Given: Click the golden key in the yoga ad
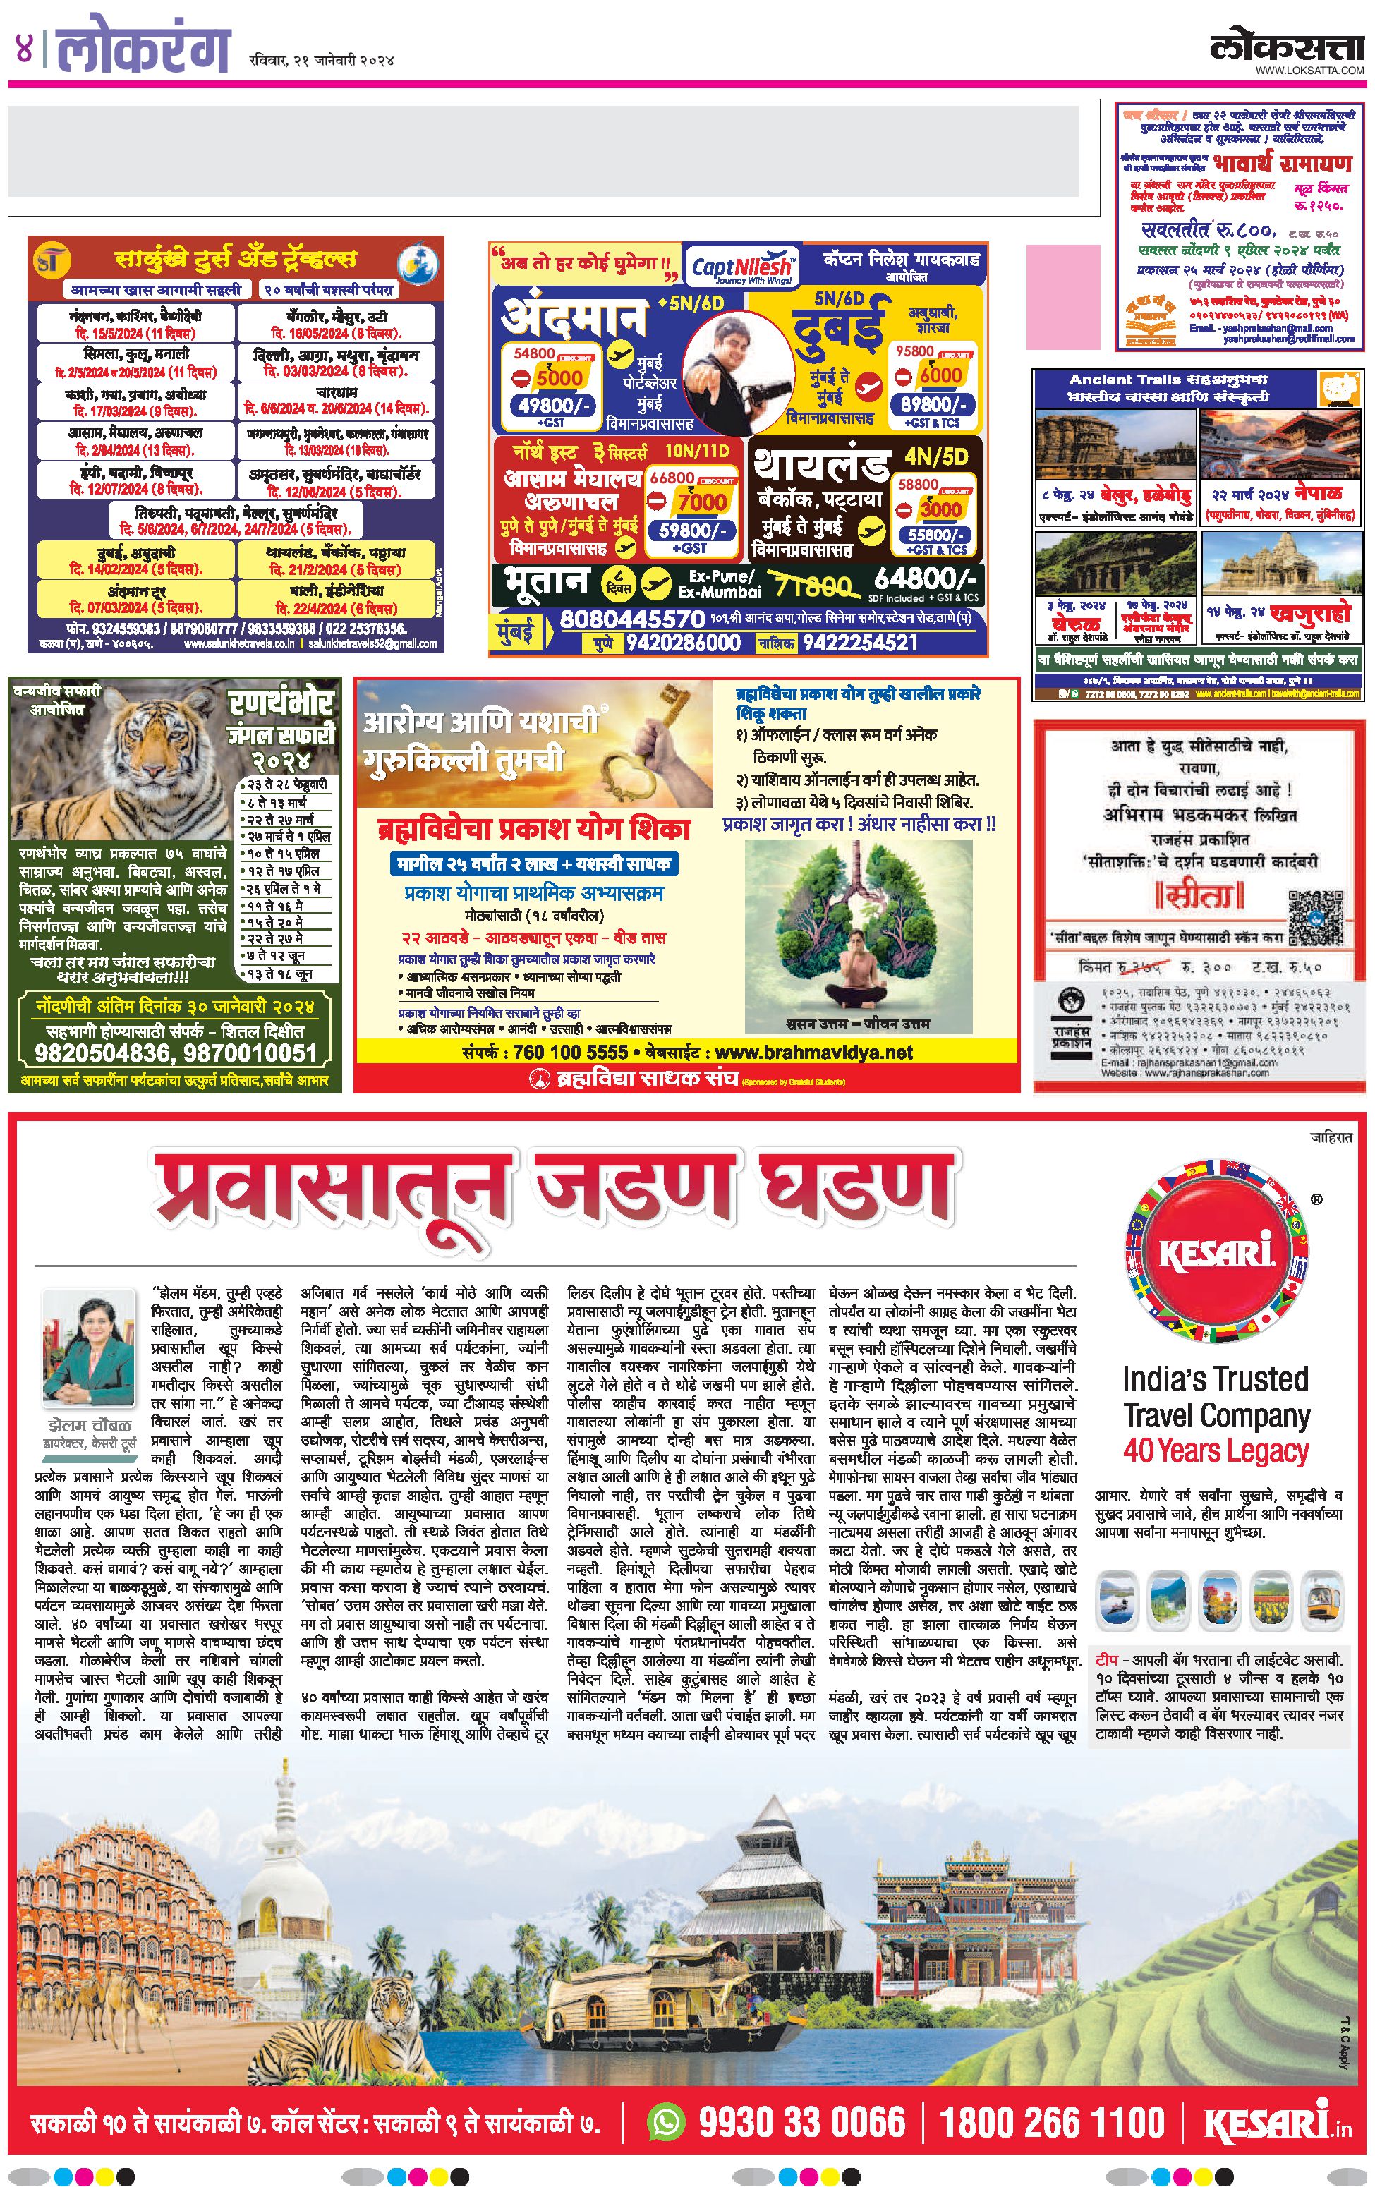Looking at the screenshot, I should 645,749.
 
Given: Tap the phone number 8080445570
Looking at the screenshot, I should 631,619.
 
